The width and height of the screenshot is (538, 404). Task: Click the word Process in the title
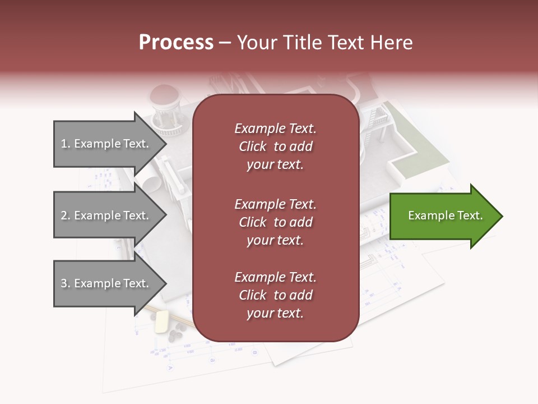176,43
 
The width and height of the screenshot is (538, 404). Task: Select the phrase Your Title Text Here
324,43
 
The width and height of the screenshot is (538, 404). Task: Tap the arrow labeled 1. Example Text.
106,144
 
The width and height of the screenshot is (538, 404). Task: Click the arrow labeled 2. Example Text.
106,215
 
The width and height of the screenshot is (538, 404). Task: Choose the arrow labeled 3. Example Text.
106,283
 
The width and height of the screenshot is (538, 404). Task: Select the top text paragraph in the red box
275,146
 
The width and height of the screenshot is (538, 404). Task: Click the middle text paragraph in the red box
275,222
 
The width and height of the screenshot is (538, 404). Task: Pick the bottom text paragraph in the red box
275,295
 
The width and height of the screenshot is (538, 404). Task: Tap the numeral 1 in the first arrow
63,144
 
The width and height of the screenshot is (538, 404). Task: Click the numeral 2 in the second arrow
64,216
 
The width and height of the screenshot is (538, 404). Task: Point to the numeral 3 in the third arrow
64,284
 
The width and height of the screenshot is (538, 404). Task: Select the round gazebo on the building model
165,109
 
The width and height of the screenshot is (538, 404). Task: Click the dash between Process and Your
225,43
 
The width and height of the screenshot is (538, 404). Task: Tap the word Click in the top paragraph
252,146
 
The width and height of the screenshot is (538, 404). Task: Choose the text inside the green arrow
445,215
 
